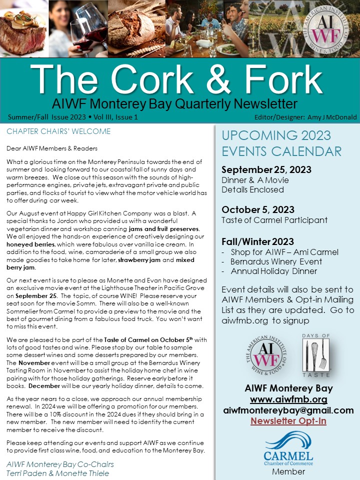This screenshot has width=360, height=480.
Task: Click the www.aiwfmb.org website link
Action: pyautogui.click(x=288, y=399)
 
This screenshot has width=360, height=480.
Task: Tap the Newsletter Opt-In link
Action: pyautogui.click(x=288, y=421)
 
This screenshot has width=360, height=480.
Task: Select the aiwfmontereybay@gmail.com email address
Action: pyautogui.click(x=288, y=410)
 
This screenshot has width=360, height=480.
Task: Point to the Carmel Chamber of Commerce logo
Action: pyautogui.click(x=288, y=448)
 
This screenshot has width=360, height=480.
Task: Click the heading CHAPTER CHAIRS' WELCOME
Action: pyautogui.click(x=58, y=131)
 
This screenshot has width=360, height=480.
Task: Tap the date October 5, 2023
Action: pyautogui.click(x=258, y=209)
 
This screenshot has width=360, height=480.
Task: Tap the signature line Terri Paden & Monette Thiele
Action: pyautogui.click(x=57, y=473)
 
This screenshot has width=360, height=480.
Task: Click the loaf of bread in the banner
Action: pyautogui.click(x=132, y=32)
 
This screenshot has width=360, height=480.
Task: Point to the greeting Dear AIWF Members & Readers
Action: pyautogui.click(x=52, y=148)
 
